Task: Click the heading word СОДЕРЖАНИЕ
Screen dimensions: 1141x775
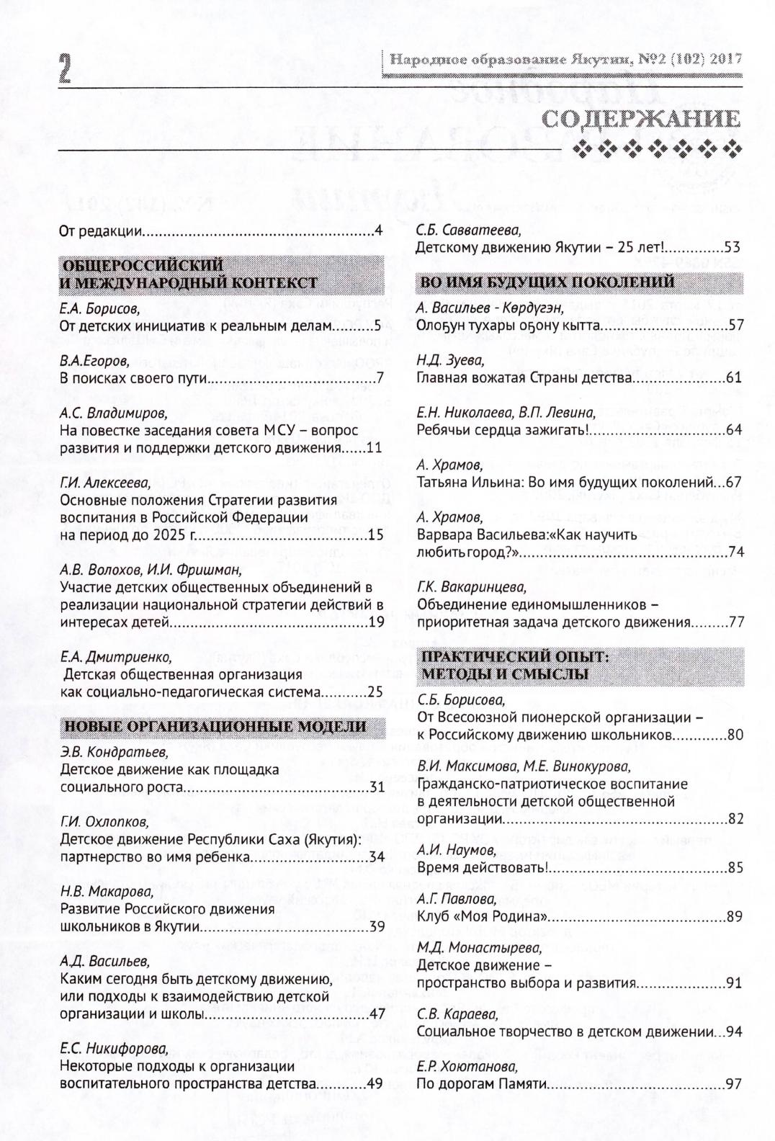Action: tap(642, 120)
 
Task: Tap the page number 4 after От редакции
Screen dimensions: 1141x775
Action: tap(378, 232)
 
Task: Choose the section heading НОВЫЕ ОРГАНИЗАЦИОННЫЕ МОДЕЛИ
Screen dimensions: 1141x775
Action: tap(214, 726)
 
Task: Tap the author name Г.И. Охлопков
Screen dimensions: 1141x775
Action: tap(104, 822)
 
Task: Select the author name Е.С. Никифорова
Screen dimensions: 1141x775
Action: tap(114, 1047)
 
